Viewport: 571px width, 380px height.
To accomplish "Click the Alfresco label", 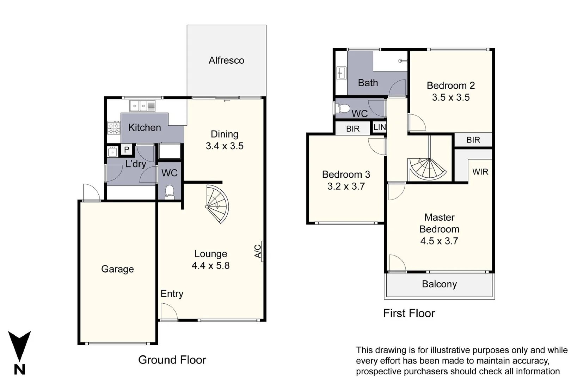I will (x=226, y=61).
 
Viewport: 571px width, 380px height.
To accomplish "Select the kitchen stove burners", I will (x=113, y=128).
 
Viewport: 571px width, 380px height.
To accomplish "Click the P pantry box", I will (x=127, y=150).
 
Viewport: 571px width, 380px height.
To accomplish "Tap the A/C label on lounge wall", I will (x=258, y=251).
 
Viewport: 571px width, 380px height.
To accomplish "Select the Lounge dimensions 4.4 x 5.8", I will (x=210, y=266).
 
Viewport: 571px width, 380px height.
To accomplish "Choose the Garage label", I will (x=117, y=269).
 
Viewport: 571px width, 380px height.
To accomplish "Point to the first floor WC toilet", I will (x=342, y=109).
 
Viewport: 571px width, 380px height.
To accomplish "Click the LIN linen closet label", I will (x=380, y=127).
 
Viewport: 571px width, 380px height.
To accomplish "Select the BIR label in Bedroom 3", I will (x=353, y=129).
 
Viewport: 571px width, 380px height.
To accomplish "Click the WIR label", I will (x=480, y=172).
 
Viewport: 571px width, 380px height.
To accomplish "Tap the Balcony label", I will (x=439, y=284).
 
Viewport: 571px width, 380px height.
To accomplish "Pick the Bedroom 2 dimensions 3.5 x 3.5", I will (x=451, y=97).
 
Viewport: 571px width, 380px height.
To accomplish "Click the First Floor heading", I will (x=409, y=313).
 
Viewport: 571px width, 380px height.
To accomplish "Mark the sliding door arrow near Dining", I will (x=227, y=101).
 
